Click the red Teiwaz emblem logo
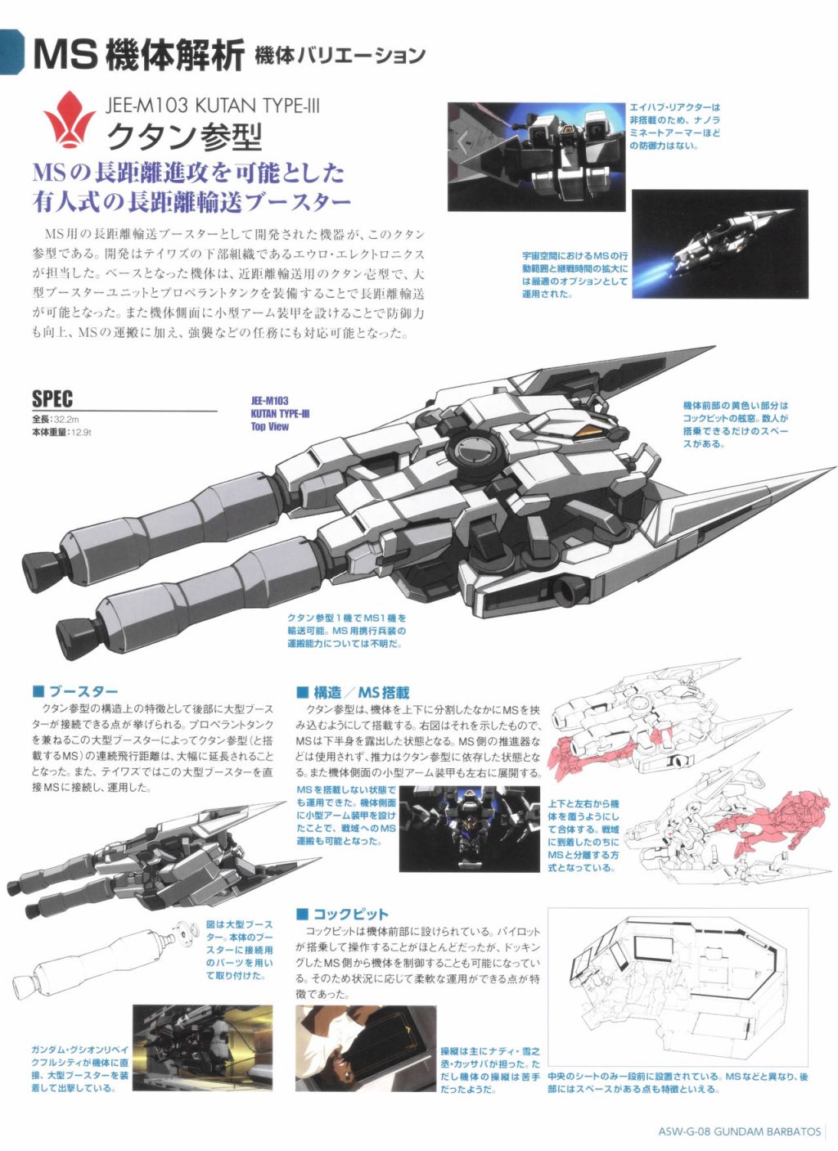pyautogui.click(x=69, y=119)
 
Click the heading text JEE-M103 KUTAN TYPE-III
pyautogui.click(x=212, y=106)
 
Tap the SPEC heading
pyautogui.click(x=52, y=398)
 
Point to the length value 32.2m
pyautogui.click(x=66, y=420)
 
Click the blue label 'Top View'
pyautogui.click(x=270, y=426)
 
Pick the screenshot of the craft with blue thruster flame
pyautogui.click(x=720, y=244)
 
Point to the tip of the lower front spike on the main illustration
pyautogui.click(x=835, y=468)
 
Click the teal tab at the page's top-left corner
pyautogui.click(x=11, y=52)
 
